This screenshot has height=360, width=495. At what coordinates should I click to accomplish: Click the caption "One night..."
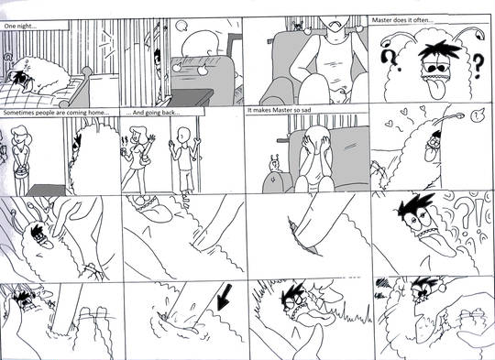coord(20,27)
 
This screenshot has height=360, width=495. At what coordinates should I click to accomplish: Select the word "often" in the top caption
coord(425,20)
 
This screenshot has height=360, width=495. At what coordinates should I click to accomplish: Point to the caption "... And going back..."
coord(153,113)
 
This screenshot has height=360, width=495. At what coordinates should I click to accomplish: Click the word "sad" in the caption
coord(305,110)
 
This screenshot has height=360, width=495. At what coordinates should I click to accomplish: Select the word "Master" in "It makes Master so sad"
coord(282,110)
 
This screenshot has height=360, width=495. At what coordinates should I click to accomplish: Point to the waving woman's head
coord(137,135)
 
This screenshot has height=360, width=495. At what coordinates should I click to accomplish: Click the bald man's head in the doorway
coord(182,136)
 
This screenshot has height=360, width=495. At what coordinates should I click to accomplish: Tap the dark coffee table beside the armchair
coord(191,95)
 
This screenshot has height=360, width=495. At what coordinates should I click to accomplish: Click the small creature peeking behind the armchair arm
coord(274,165)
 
